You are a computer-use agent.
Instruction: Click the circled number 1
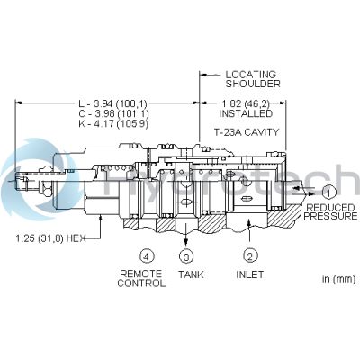pos(329,191)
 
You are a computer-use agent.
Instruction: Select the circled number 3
pos(186,255)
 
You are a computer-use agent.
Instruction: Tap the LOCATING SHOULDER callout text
pos(251,79)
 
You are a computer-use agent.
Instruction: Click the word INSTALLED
pos(246,116)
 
